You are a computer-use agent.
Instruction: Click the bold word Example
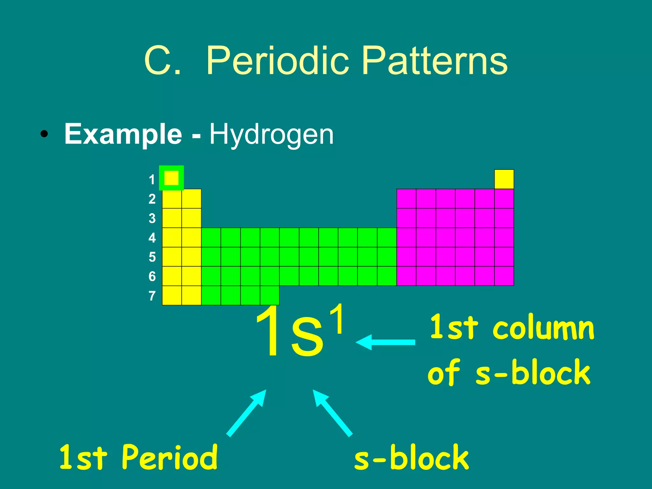(123, 134)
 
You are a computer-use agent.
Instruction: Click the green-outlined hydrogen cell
(171, 178)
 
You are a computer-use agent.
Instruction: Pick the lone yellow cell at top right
(504, 179)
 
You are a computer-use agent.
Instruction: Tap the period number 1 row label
(152, 180)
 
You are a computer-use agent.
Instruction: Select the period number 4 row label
(152, 238)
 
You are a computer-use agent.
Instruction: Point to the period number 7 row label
(152, 296)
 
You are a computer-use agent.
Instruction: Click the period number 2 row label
(152, 199)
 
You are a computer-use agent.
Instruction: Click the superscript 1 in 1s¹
(337, 319)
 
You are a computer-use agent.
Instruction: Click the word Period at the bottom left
(169, 458)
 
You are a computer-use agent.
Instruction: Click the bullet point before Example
(44, 134)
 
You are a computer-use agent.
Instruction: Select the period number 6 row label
(152, 276)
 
